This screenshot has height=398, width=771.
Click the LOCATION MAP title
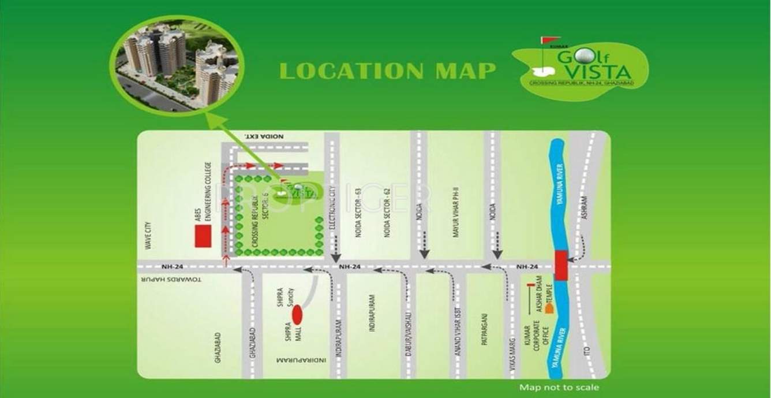(387, 70)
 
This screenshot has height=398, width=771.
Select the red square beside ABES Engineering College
(203, 236)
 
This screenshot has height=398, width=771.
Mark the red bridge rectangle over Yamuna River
(561, 266)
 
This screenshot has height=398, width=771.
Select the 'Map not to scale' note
(559, 388)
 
